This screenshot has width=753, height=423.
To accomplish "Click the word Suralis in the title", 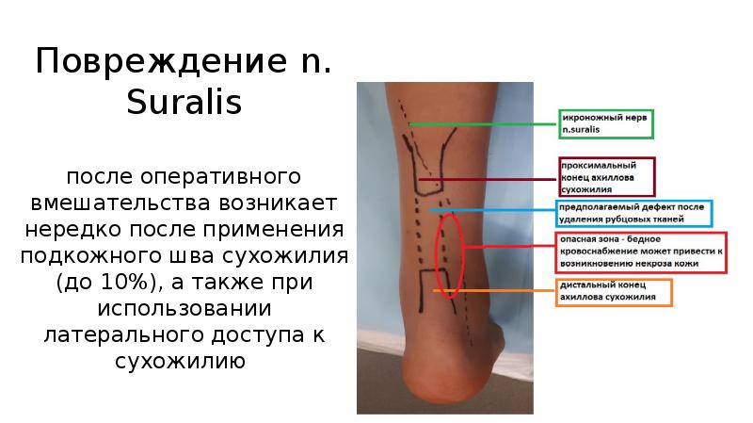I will (184, 102).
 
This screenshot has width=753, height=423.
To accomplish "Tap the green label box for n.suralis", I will (605, 124).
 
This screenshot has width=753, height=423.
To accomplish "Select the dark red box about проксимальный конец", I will (606, 176).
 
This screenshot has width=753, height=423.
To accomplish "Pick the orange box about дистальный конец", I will (615, 291).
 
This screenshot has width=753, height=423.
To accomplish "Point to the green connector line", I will (485, 124).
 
